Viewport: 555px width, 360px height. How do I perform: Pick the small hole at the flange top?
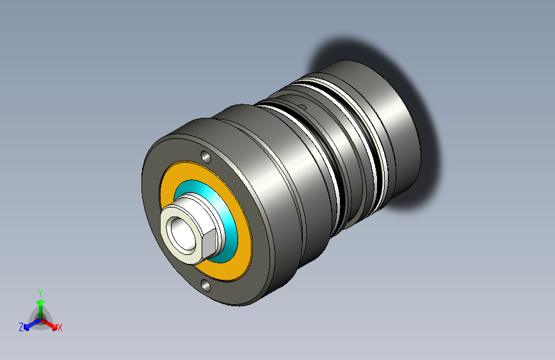click(205, 156)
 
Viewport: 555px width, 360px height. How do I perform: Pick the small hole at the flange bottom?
click(205, 284)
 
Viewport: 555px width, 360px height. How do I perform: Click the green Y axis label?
click(40, 293)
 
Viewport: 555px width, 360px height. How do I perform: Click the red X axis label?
click(60, 327)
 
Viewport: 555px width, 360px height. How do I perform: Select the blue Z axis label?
click(21, 327)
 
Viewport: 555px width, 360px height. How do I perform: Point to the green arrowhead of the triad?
click(41, 302)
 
